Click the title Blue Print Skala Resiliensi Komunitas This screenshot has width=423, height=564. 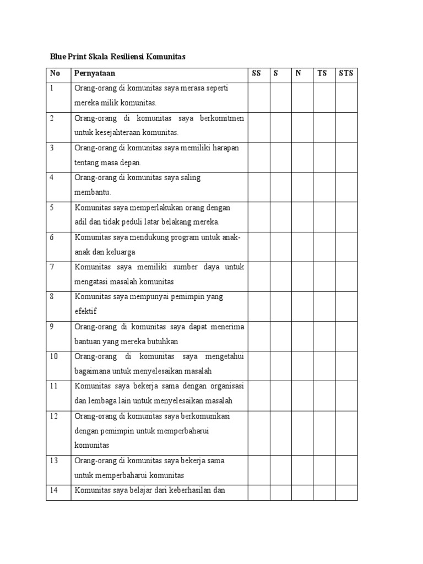point(117,56)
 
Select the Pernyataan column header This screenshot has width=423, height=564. point(95,73)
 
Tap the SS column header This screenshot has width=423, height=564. point(256,73)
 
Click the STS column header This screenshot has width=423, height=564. point(346,73)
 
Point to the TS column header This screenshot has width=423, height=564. point(322,73)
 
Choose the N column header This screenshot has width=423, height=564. point(298,73)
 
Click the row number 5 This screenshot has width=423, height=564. point(52,208)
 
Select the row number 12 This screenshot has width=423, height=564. point(53,416)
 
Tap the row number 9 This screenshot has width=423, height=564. point(52,327)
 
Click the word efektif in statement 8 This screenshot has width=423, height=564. point(85,311)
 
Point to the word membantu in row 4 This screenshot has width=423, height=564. point(93,192)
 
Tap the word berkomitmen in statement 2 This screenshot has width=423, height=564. point(223,118)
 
